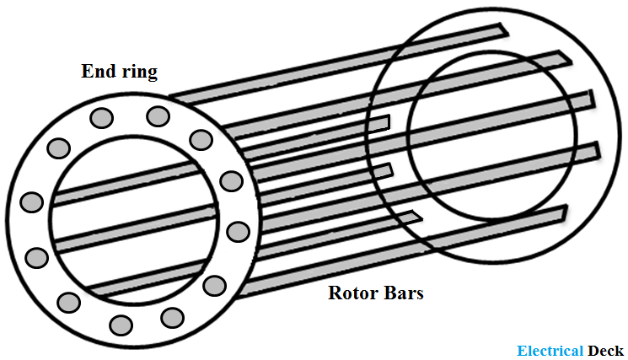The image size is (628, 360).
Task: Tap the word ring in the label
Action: pos(140,73)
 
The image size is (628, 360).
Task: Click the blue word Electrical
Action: pos(550,351)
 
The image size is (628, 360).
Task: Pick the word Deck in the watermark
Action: pos(605,351)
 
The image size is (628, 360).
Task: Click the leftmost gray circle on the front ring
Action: pos(32,201)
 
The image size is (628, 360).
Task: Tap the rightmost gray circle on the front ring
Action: pos(239,232)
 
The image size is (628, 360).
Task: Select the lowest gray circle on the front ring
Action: pos(121,325)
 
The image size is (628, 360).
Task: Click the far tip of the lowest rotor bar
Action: pos(565,212)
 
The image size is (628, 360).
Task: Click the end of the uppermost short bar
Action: pos(387,122)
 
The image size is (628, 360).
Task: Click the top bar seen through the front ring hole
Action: pos(128,183)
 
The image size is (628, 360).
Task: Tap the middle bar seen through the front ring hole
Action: pos(136,228)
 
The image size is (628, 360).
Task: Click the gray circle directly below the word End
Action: pos(101,118)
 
